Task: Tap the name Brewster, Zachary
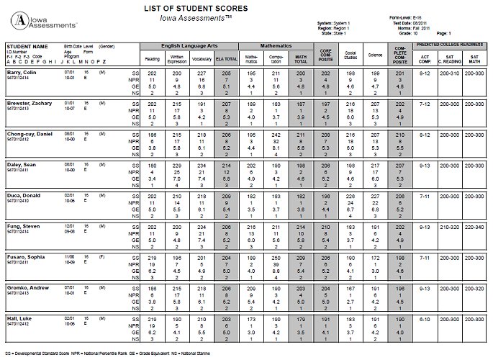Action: pos(28,104)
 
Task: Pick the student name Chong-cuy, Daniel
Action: pos(30,135)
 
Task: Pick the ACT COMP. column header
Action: pos(425,56)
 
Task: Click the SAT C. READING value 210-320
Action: pos(450,226)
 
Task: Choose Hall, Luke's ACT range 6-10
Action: pos(425,318)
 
